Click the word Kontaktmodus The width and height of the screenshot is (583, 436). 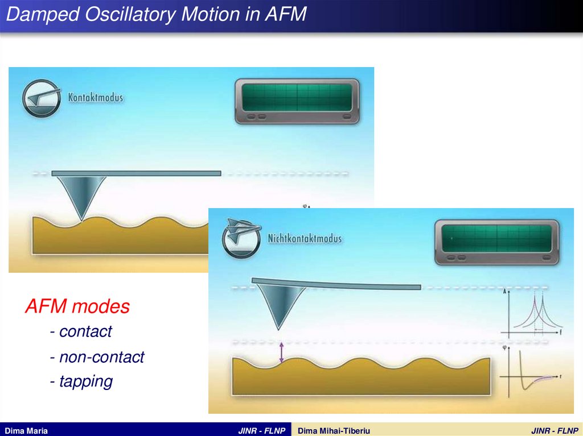(96, 97)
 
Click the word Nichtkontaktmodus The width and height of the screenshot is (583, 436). (305, 238)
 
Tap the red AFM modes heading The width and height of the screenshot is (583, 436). (77, 306)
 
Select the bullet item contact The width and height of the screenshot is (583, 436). (81, 331)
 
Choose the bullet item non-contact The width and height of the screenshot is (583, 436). (97, 357)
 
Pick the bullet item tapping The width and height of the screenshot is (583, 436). (81, 381)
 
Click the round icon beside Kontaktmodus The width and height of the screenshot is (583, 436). (41, 98)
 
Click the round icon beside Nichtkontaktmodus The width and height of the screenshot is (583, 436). (241, 238)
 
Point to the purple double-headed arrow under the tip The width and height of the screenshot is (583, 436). (281, 352)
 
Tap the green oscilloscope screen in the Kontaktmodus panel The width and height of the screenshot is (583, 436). (297, 97)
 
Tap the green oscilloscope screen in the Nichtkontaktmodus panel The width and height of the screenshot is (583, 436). (496, 238)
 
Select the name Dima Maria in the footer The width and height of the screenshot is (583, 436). (26, 431)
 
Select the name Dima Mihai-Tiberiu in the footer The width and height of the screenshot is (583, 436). (334, 431)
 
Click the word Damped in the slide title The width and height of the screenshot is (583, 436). (43, 14)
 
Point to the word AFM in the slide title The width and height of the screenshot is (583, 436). (285, 14)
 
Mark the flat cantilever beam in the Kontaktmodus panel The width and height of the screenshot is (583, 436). (136, 173)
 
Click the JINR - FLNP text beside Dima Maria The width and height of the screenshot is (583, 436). (262, 431)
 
